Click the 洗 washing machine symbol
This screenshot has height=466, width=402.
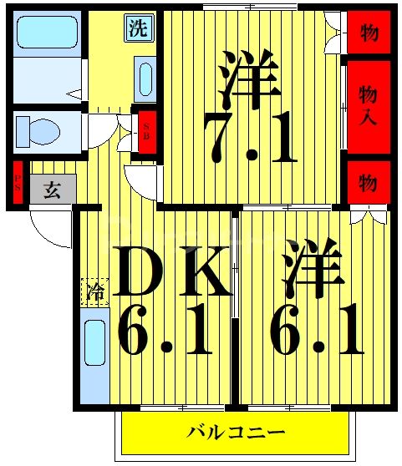139,28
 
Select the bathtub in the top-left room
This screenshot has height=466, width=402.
47,33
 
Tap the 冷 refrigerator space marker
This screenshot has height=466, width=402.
96,292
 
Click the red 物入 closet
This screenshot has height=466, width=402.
368,105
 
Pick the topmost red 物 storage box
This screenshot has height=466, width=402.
368,34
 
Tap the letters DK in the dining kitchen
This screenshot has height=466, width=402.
171,271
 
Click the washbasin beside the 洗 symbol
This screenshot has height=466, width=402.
145,80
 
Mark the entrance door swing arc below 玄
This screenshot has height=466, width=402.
50,230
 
